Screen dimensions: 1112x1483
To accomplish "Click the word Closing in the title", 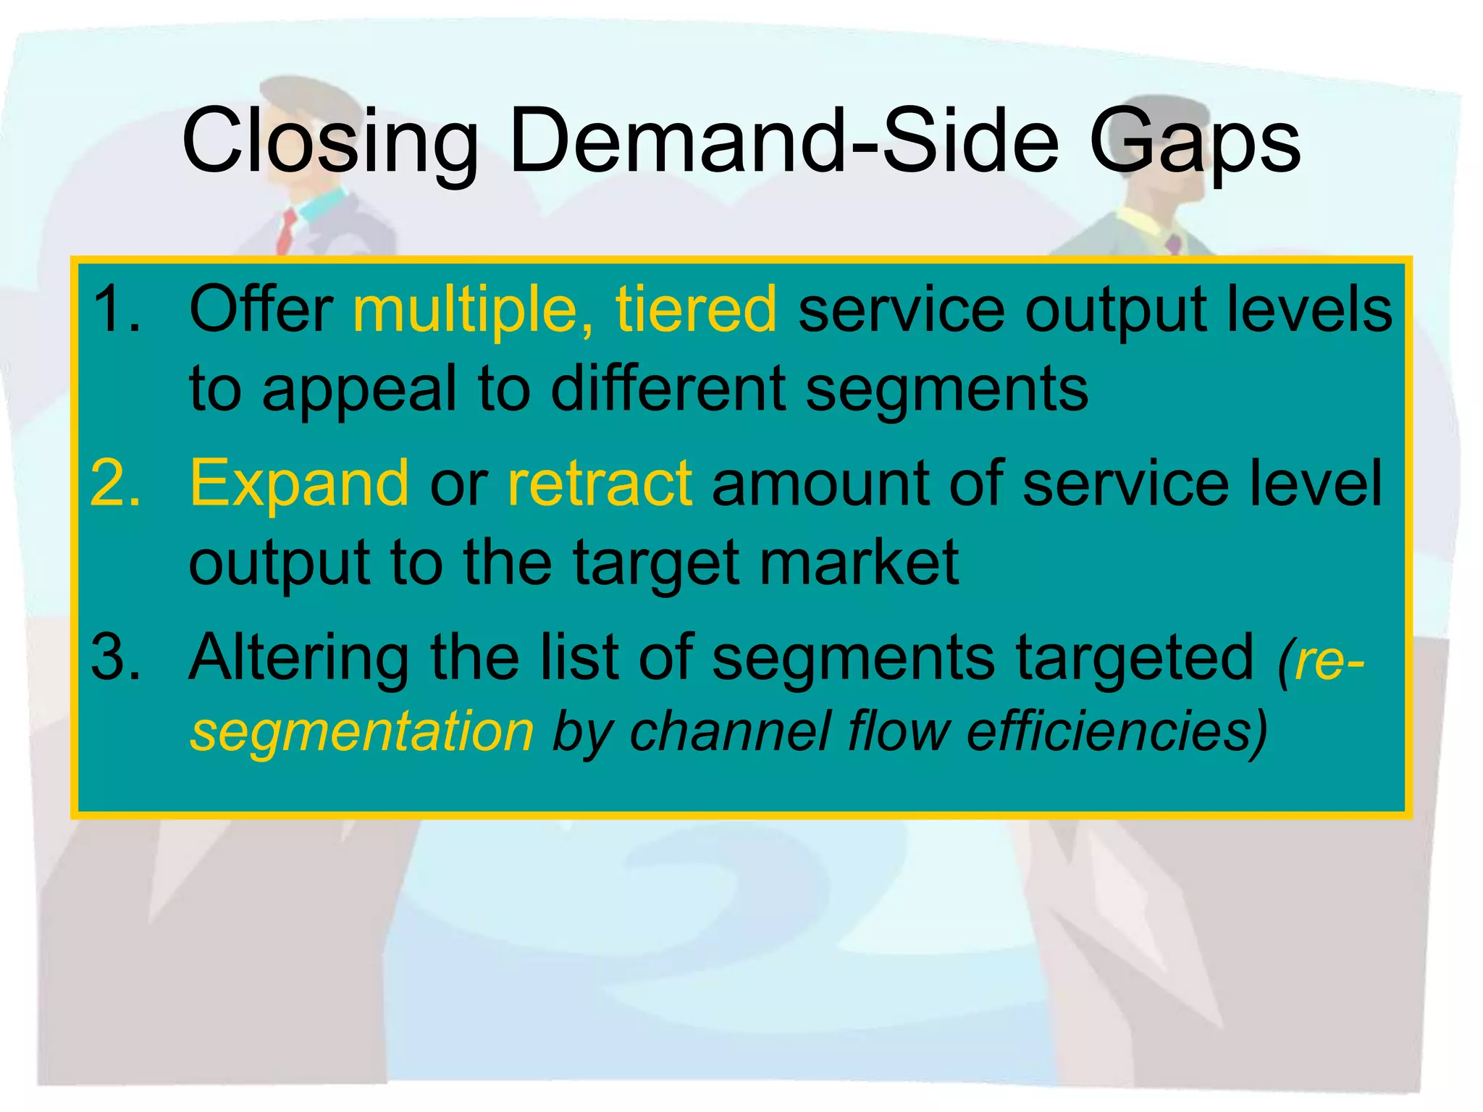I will (329, 141).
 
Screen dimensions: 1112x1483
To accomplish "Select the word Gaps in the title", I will (1194, 141).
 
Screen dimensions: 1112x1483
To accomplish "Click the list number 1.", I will (116, 310).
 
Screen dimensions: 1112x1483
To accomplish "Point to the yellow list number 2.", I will (116, 484).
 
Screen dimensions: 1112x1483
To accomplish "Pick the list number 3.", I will (116, 657).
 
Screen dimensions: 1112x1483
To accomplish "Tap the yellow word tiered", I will (696, 310).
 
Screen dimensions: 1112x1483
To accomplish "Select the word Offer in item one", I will (261, 310).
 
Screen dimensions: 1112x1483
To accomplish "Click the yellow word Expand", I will (299, 484).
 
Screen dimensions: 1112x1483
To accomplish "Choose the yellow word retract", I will (600, 484).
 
